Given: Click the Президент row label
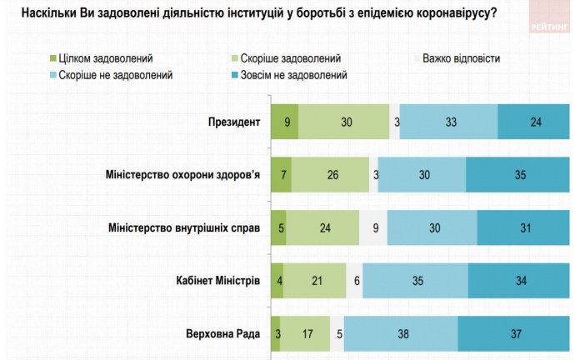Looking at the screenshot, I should (234, 122).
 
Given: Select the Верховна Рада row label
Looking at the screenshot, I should (222, 335).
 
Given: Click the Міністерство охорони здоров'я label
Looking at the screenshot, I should (182, 175).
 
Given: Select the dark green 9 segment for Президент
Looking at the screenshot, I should (285, 122).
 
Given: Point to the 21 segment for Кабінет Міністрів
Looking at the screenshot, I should (316, 281).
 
